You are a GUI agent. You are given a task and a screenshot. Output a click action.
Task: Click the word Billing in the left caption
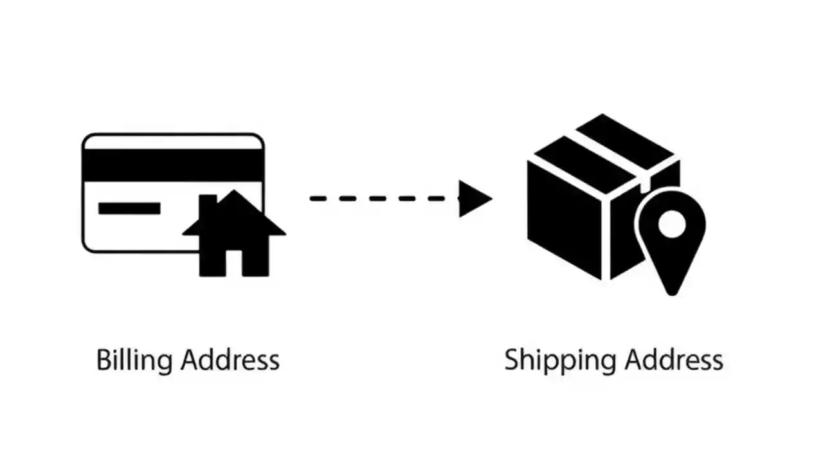point(135,360)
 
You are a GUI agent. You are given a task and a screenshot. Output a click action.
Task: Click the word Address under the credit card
point(230,359)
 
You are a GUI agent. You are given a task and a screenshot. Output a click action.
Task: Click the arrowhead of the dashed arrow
point(474,198)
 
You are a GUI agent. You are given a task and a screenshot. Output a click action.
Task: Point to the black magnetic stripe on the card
point(172,165)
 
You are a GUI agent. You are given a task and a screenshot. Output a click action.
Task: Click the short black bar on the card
point(129,208)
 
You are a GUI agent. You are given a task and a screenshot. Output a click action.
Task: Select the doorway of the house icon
point(233,264)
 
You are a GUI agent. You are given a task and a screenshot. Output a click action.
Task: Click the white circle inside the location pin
point(671,223)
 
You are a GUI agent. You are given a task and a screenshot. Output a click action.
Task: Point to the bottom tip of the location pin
point(671,293)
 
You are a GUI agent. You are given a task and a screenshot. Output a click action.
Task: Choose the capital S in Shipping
point(512,359)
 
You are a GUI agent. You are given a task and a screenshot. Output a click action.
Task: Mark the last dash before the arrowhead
point(450,198)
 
